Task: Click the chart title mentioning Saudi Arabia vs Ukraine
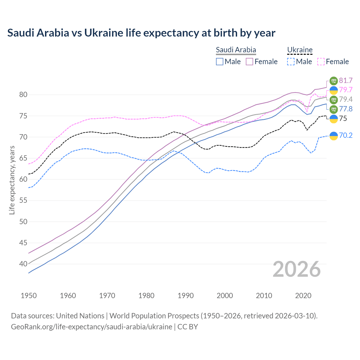click(141, 33)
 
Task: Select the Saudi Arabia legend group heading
click(236, 50)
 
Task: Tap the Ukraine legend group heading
click(300, 50)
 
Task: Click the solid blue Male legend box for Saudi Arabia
click(220, 62)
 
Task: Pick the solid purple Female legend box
click(249, 62)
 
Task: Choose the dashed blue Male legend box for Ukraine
click(291, 62)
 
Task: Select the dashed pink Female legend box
click(321, 62)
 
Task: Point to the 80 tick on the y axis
click(23, 95)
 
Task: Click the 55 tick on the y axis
click(23, 201)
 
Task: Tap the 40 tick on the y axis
click(23, 264)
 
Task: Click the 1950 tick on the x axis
click(29, 296)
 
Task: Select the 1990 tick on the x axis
click(186, 296)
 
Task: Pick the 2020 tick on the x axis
click(303, 296)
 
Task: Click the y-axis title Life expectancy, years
click(12, 180)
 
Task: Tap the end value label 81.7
click(346, 81)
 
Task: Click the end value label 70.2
click(346, 136)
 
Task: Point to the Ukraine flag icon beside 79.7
click(334, 90)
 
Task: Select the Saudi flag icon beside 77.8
click(334, 109)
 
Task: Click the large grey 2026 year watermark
click(297, 269)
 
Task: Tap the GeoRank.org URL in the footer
click(91, 327)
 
